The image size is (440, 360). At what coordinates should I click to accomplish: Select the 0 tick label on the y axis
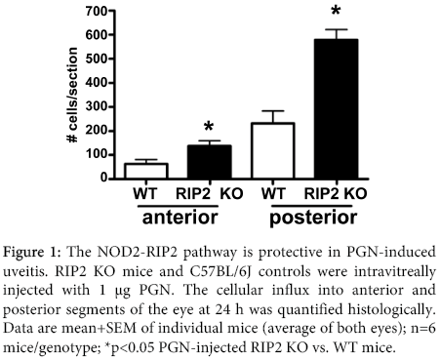(x=101, y=179)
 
